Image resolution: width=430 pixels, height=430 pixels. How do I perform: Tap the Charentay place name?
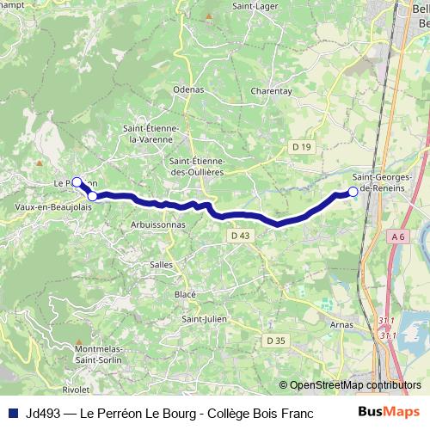click(272, 90)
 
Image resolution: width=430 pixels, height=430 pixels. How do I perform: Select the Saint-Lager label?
click(253, 8)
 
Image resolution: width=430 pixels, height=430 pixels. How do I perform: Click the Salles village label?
click(161, 264)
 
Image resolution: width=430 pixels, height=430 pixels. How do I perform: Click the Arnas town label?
click(343, 325)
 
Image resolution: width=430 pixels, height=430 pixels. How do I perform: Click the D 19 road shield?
click(301, 147)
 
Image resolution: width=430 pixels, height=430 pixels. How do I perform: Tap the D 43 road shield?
click(240, 235)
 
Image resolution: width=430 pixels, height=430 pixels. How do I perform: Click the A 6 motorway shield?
click(397, 236)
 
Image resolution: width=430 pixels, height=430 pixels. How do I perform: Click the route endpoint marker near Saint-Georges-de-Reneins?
click(353, 192)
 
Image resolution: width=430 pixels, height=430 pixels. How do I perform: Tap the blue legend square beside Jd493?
click(12, 413)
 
